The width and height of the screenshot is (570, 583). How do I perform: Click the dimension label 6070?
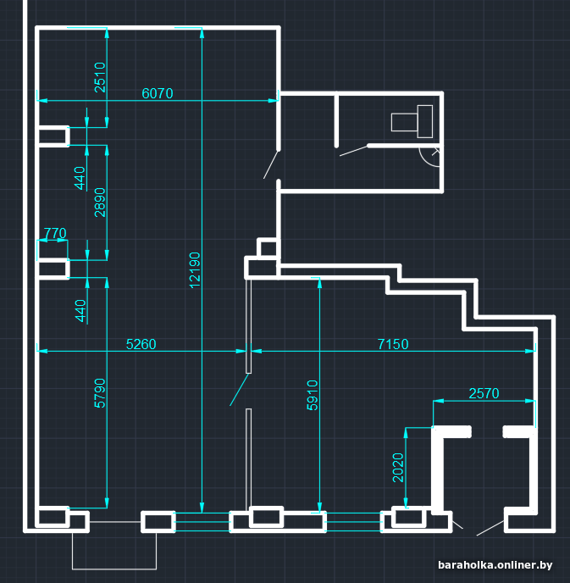tap(158, 93)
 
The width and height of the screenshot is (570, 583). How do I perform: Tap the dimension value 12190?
tap(195, 270)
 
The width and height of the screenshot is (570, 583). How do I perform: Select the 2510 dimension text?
tap(100, 77)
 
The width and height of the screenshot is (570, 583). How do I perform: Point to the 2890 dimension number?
tap(100, 203)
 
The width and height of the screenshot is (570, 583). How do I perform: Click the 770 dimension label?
tap(55, 233)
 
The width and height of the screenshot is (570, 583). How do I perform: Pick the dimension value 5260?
tap(141, 344)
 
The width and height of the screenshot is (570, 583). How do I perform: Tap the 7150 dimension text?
tap(393, 344)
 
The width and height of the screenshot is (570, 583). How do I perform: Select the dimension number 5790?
tap(100, 393)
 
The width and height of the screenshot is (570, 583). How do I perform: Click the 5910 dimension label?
tap(313, 395)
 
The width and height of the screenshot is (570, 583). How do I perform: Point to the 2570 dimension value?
tap(484, 393)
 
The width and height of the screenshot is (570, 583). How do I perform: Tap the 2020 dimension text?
tap(397, 468)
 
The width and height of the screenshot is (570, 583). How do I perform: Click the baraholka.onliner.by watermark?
tap(495, 565)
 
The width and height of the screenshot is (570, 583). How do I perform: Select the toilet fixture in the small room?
tap(412, 121)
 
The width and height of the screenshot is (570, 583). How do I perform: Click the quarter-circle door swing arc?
tap(425, 161)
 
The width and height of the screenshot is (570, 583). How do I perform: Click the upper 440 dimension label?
tap(80, 178)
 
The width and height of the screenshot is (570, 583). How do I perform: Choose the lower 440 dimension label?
tap(80, 311)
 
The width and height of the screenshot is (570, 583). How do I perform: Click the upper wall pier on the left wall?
tap(53, 136)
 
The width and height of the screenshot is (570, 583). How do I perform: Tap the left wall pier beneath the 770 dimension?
tap(53, 269)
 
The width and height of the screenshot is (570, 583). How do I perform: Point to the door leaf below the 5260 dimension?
tap(240, 390)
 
